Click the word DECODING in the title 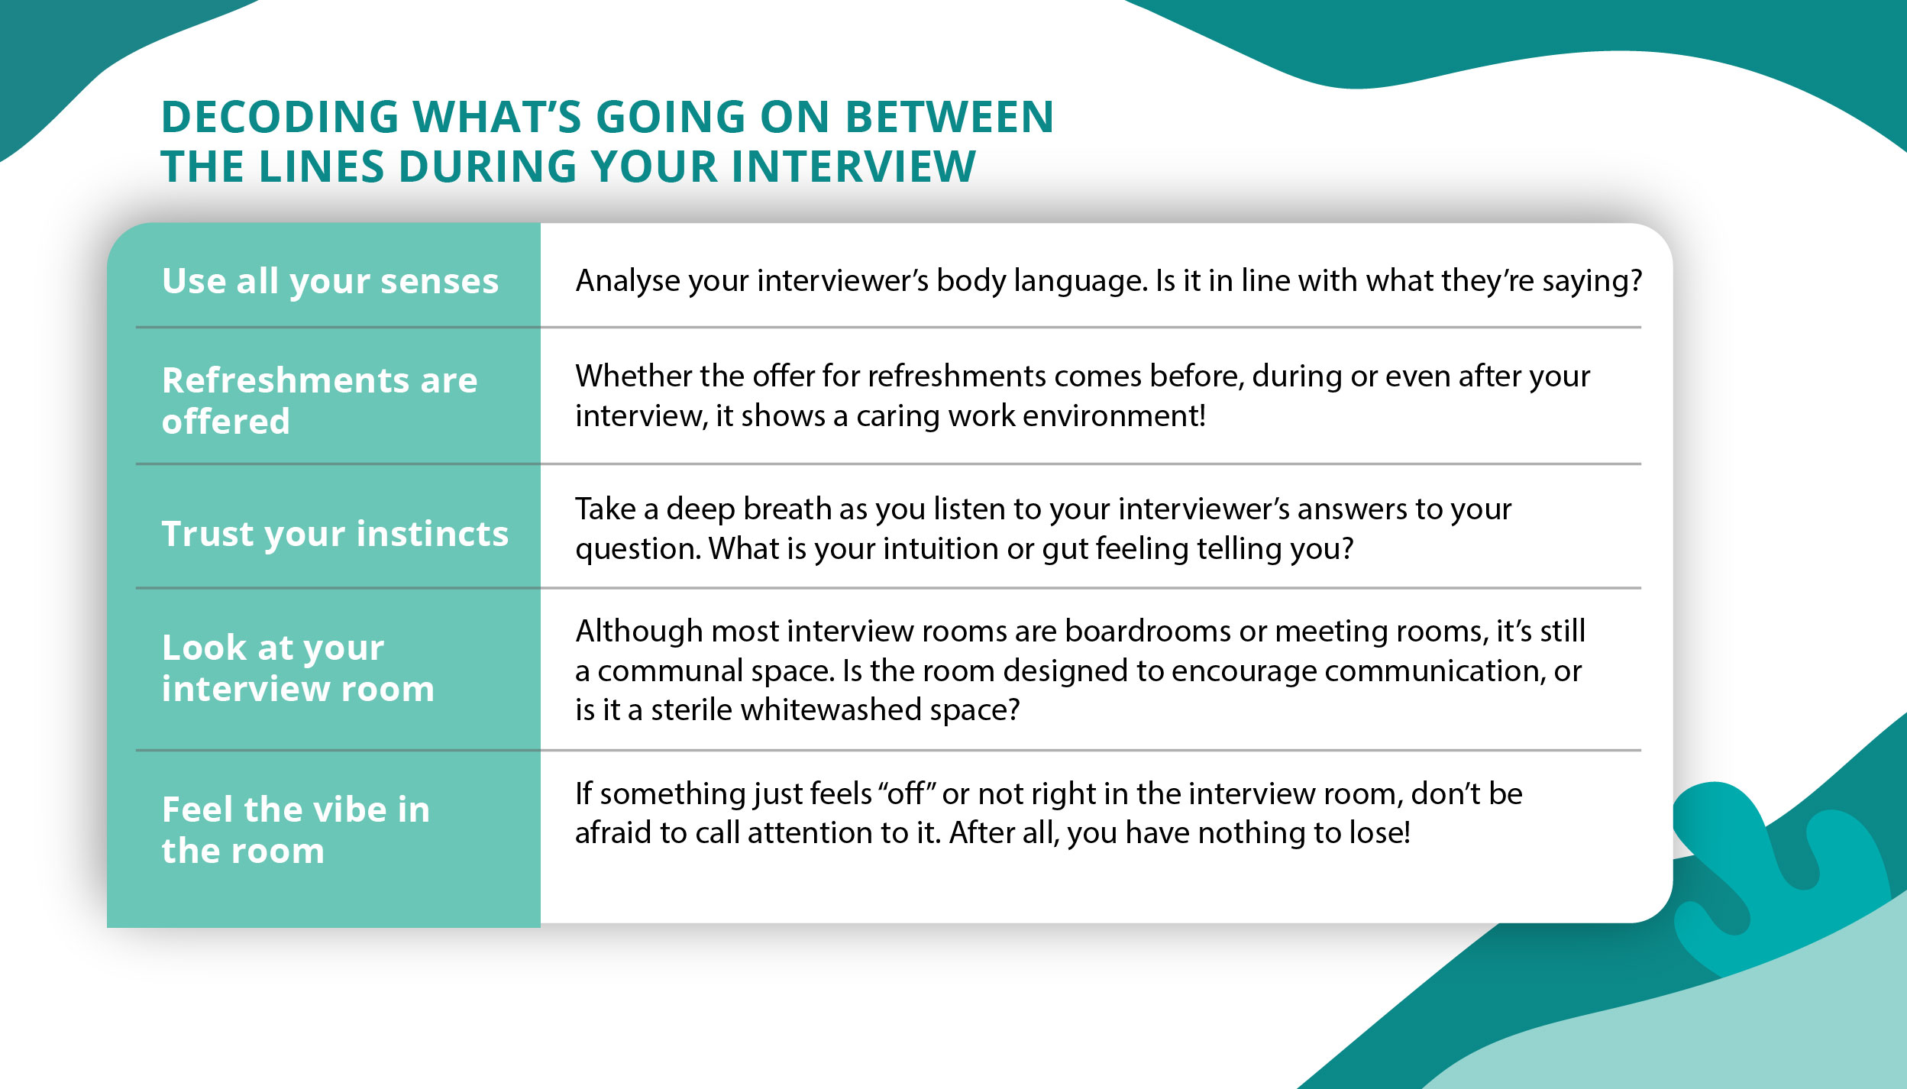(280, 118)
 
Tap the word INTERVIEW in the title (853, 167)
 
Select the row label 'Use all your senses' (330, 281)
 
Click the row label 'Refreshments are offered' (319, 400)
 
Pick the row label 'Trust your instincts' (335, 533)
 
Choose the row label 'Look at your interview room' (298, 668)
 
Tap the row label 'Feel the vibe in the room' (296, 829)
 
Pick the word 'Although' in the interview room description (638, 632)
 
